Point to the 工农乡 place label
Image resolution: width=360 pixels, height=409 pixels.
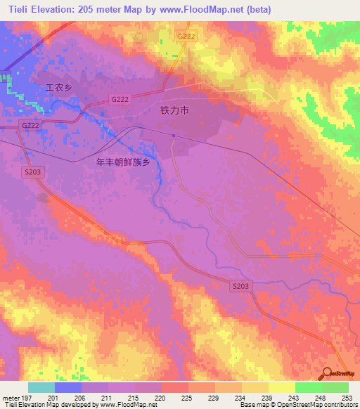pyautogui.click(x=60, y=89)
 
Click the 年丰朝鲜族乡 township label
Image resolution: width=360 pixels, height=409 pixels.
pyautogui.click(x=123, y=162)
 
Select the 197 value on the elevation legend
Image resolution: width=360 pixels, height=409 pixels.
pyautogui.click(x=27, y=398)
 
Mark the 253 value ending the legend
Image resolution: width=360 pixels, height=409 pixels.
pyautogui.click(x=347, y=398)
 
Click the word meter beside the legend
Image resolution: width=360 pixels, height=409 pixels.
pyautogui.click(x=11, y=398)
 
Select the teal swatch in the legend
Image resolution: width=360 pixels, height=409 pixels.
pyautogui.click(x=41, y=387)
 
